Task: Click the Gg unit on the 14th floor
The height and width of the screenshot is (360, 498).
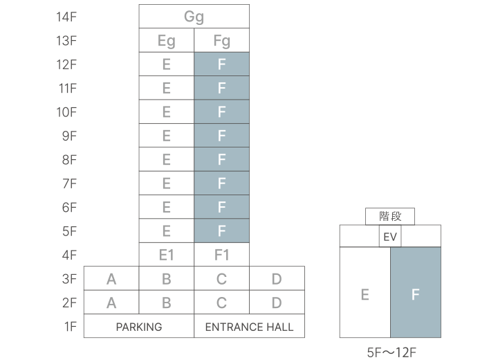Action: [x=194, y=17]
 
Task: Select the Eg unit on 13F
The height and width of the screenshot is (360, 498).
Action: [x=166, y=41]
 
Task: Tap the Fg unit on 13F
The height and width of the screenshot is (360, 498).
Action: [x=221, y=41]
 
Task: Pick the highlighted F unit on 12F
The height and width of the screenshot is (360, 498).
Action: [x=221, y=64]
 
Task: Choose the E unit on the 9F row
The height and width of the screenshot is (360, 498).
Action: [x=166, y=136]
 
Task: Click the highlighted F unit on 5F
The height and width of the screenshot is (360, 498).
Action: [x=221, y=231]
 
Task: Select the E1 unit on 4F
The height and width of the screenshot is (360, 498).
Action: [x=166, y=255]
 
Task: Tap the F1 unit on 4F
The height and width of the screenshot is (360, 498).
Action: [x=221, y=255]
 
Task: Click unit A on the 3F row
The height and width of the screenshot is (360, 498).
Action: [x=111, y=279]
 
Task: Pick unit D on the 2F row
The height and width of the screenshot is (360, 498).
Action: [x=277, y=303]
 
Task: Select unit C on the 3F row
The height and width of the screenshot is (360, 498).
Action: [x=221, y=279]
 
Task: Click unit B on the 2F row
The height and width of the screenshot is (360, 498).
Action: [x=166, y=303]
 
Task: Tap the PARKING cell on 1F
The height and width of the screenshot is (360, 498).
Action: [x=139, y=326]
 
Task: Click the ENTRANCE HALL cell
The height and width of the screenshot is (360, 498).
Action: [x=249, y=326]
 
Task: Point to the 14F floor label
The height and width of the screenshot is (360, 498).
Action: [x=66, y=17]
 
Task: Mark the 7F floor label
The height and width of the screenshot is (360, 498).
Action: [x=68, y=183]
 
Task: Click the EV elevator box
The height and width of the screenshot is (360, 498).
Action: [x=390, y=237]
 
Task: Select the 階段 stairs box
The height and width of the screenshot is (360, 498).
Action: [x=390, y=217]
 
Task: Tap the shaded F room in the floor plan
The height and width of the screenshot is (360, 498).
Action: [x=416, y=294]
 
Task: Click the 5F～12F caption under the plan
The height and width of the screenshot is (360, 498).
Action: [x=391, y=352]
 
